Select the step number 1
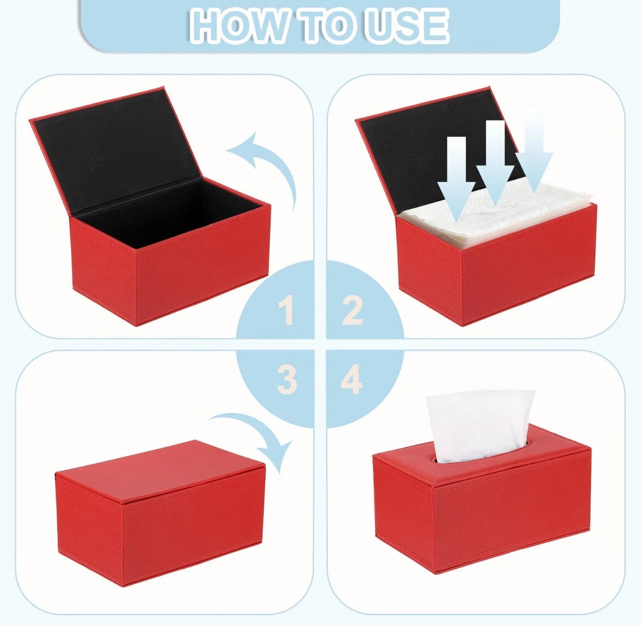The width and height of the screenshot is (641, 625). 287,311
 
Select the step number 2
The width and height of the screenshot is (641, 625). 353,311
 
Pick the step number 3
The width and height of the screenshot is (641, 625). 287,380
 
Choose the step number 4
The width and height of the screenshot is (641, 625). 352,380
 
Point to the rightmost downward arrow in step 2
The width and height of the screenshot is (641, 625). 534,151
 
